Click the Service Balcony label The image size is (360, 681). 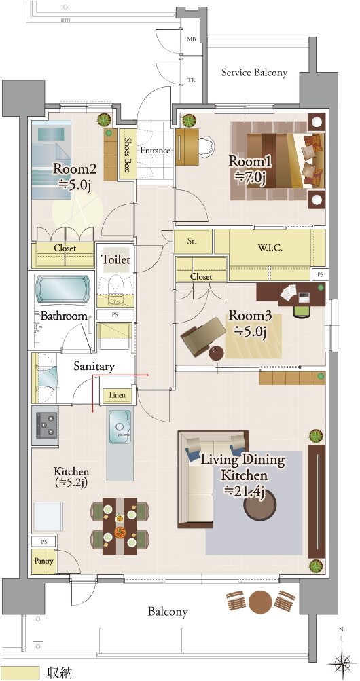[254, 73]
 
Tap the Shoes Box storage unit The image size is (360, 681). [125, 154]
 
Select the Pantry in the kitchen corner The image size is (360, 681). [43, 561]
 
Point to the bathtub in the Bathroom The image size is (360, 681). [63, 289]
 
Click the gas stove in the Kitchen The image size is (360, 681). [46, 426]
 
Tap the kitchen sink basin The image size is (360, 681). [119, 426]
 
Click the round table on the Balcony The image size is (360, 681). [260, 602]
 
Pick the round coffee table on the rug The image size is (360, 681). [259, 504]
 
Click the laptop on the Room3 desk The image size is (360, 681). [304, 297]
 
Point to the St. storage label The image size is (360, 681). [192, 242]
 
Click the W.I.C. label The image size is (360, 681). [270, 249]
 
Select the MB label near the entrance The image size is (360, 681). [191, 39]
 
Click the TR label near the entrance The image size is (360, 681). [191, 80]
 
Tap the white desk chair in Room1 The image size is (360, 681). [206, 146]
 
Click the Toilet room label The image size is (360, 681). [115, 260]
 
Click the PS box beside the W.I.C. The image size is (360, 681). [320, 274]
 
